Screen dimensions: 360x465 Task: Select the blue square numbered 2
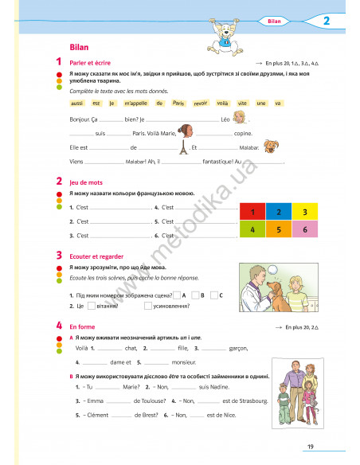pyautogui.click(x=278, y=213)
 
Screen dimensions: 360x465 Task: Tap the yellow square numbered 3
pyautogui.click(x=304, y=213)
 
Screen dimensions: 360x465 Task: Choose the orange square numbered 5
pyautogui.click(x=278, y=229)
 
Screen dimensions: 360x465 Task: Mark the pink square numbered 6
pyautogui.click(x=304, y=229)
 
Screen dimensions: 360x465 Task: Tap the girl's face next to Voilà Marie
pyautogui.click(x=188, y=131)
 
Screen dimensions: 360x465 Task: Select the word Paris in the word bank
pyautogui.click(x=178, y=104)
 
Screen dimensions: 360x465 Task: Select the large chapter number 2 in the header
pyautogui.click(x=327, y=21)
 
